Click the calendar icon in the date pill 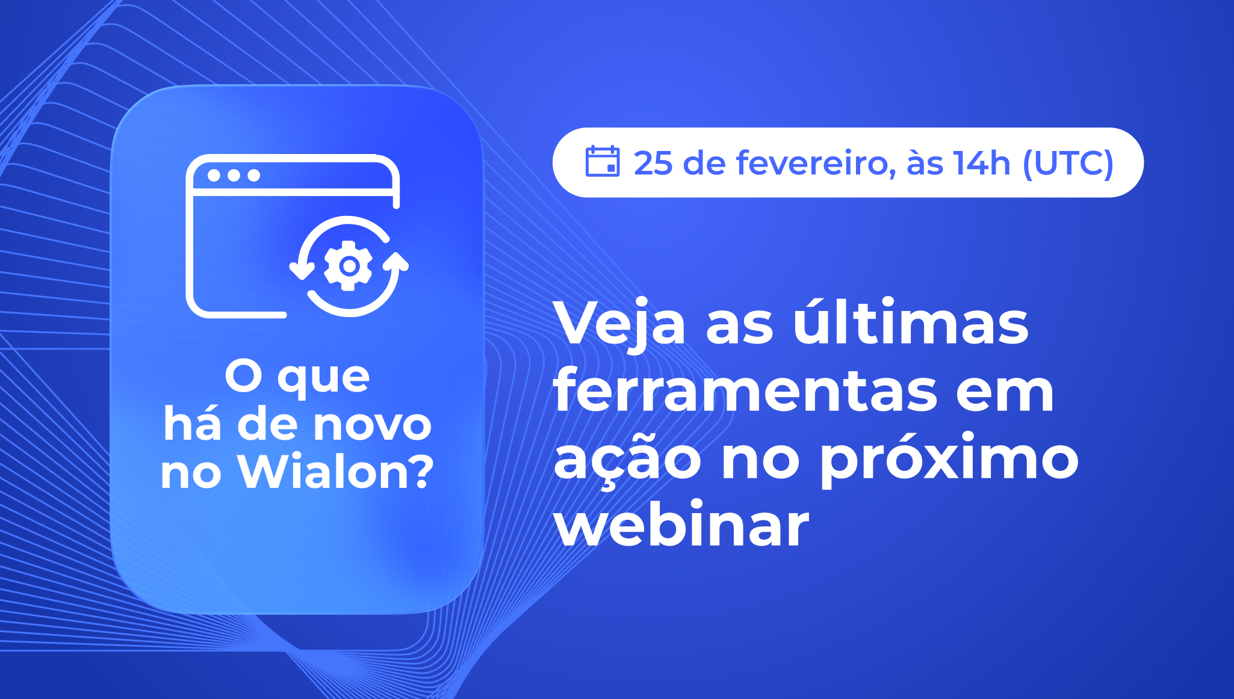click(x=602, y=161)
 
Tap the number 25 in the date click(x=653, y=163)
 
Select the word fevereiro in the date click(x=811, y=163)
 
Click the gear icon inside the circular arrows click(x=349, y=265)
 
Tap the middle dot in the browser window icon click(x=234, y=175)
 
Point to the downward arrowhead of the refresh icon click(x=302, y=270)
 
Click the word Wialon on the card click(x=322, y=472)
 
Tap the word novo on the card click(x=373, y=425)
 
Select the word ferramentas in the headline click(x=745, y=392)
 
